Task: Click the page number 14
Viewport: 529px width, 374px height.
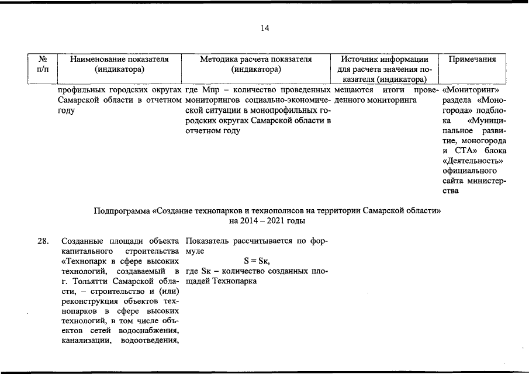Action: (264, 28)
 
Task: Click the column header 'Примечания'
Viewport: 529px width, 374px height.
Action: (472, 59)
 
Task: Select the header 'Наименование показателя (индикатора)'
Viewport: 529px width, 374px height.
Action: (119, 64)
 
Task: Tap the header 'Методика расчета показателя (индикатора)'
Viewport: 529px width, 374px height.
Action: (256, 64)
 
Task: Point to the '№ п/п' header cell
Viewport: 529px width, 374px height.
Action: (43, 64)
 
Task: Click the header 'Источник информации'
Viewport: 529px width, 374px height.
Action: (384, 59)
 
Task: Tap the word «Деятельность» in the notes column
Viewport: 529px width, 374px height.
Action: (473, 160)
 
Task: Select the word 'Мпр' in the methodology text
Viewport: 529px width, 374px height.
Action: (210, 91)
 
